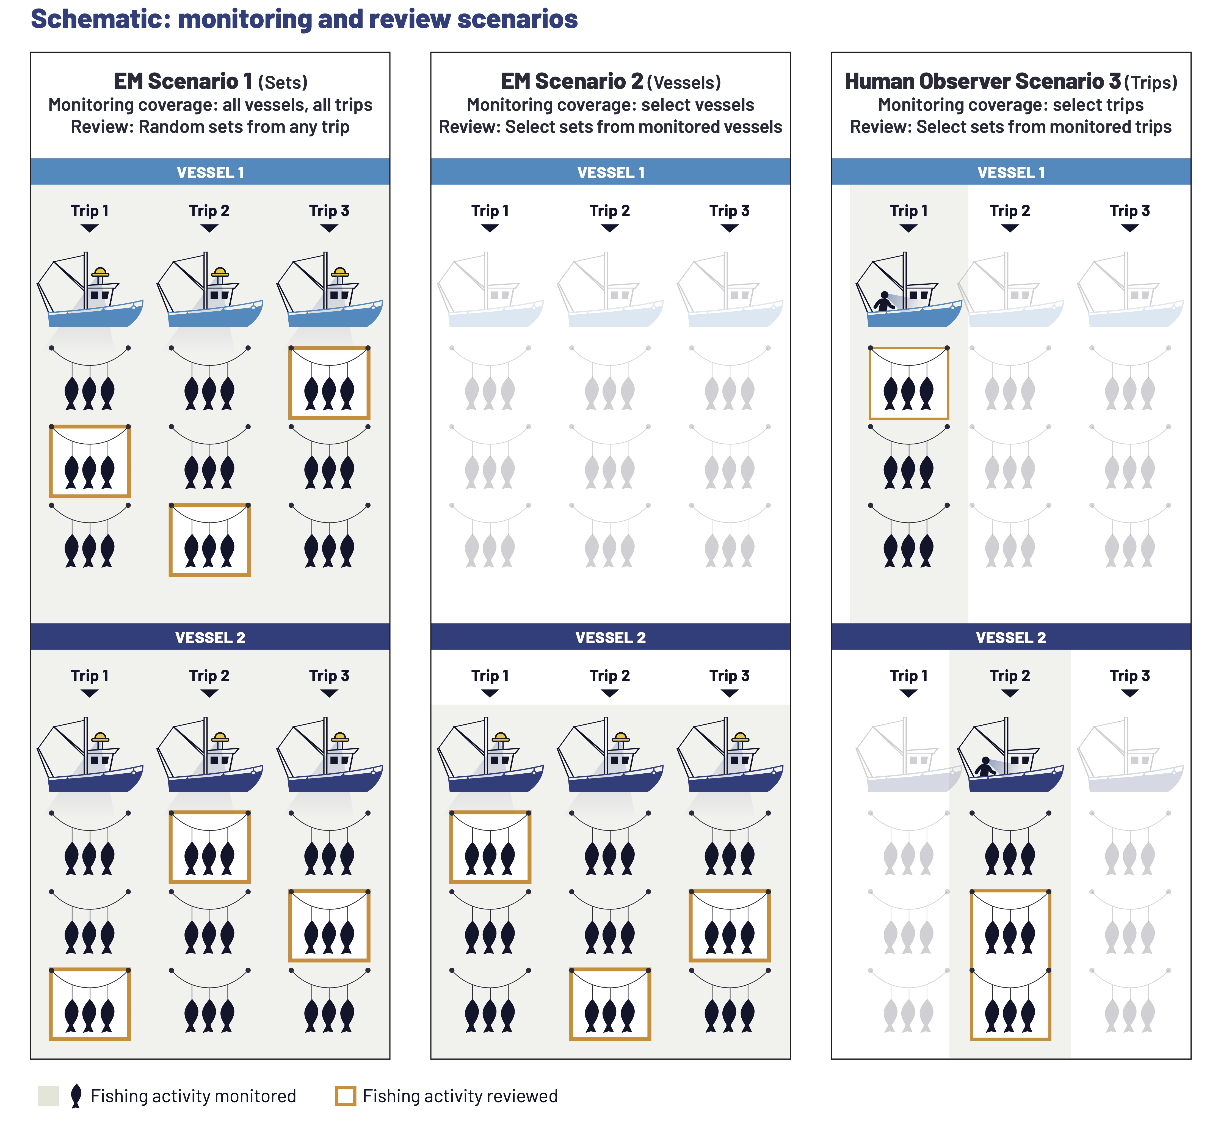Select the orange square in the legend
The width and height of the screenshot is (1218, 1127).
pos(345,1096)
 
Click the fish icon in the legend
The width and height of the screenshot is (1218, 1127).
pos(76,1096)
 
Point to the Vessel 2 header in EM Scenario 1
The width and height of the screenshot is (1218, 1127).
pos(210,637)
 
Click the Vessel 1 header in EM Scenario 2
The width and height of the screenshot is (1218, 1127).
pos(610,173)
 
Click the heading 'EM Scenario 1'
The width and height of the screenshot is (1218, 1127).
pos(183,81)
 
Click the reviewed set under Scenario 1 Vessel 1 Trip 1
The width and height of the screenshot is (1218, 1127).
pos(90,461)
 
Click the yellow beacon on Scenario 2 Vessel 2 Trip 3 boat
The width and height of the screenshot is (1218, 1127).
pos(741,737)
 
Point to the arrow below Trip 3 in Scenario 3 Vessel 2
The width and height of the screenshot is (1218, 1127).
pos(1129,693)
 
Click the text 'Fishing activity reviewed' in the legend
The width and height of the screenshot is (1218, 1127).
pos(460,1096)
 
